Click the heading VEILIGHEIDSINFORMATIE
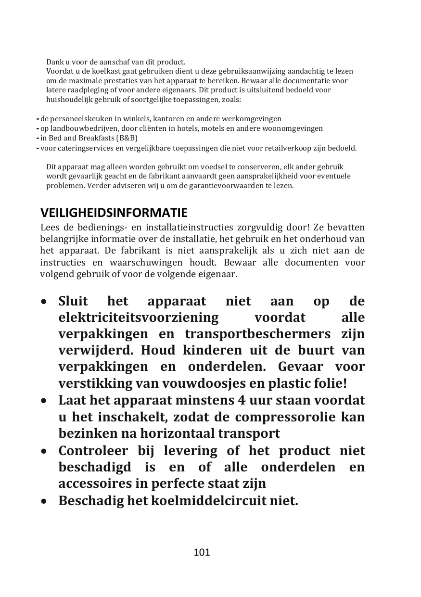114,213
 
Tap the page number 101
202,552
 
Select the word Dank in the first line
54,62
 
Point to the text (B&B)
127,138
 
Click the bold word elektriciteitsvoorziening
139,318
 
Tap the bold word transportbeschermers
258,334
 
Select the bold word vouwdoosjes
207,384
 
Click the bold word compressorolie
285,417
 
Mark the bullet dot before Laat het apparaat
44,401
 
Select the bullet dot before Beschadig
44,501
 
